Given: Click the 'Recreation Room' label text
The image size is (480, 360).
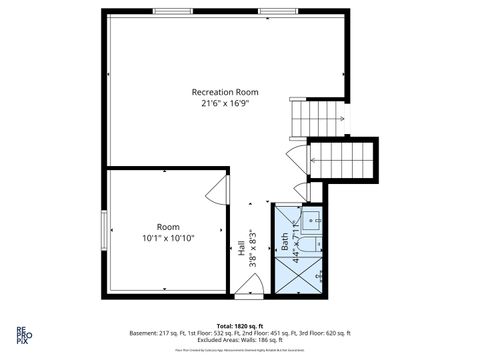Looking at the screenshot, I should pos(226,92).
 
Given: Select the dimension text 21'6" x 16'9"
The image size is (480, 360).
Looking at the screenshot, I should pos(226,103).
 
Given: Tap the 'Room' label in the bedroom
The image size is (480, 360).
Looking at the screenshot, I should pos(167,227).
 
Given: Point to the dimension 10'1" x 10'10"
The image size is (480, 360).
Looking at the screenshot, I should pos(167,238).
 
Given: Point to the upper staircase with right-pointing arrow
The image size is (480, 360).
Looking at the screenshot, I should pos(318,118).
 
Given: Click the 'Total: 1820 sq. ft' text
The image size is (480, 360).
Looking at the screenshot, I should pos(240,326).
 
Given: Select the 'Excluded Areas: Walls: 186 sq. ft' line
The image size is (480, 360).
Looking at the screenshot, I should pos(240,339).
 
